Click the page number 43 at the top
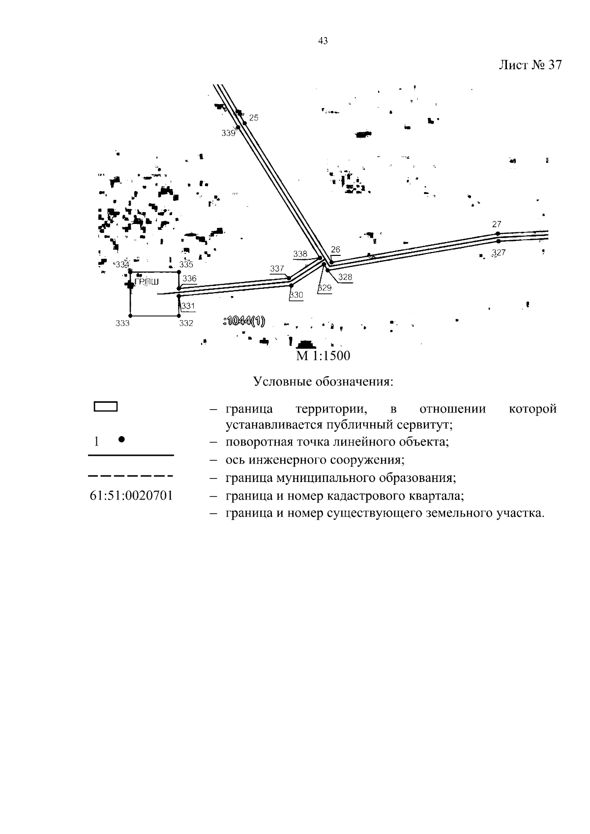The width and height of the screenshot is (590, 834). pyautogui.click(x=323, y=41)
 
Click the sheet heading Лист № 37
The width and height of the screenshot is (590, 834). pyautogui.click(x=530, y=65)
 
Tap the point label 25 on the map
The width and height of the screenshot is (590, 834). pyautogui.click(x=254, y=118)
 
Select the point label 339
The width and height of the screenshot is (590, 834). pyautogui.click(x=228, y=133)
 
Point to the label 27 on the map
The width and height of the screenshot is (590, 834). pyautogui.click(x=497, y=224)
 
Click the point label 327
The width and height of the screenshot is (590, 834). pyautogui.click(x=499, y=253)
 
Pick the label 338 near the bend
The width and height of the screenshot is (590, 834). pyautogui.click(x=300, y=254)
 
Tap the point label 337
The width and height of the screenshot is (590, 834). pyautogui.click(x=277, y=269)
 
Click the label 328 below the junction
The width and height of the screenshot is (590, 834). pyautogui.click(x=345, y=277)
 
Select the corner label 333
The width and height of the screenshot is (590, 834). pyautogui.click(x=122, y=323)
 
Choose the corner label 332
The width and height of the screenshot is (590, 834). pyautogui.click(x=186, y=323)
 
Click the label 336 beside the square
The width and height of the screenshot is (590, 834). pyautogui.click(x=189, y=278)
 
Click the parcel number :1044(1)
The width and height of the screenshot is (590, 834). pyautogui.click(x=244, y=321)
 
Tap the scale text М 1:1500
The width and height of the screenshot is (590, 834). pyautogui.click(x=323, y=356)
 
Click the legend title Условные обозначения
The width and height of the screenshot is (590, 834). pyautogui.click(x=323, y=382)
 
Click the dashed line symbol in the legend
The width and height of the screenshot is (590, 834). pyautogui.click(x=131, y=475)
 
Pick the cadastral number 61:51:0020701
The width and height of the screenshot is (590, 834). pyautogui.click(x=131, y=495)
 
